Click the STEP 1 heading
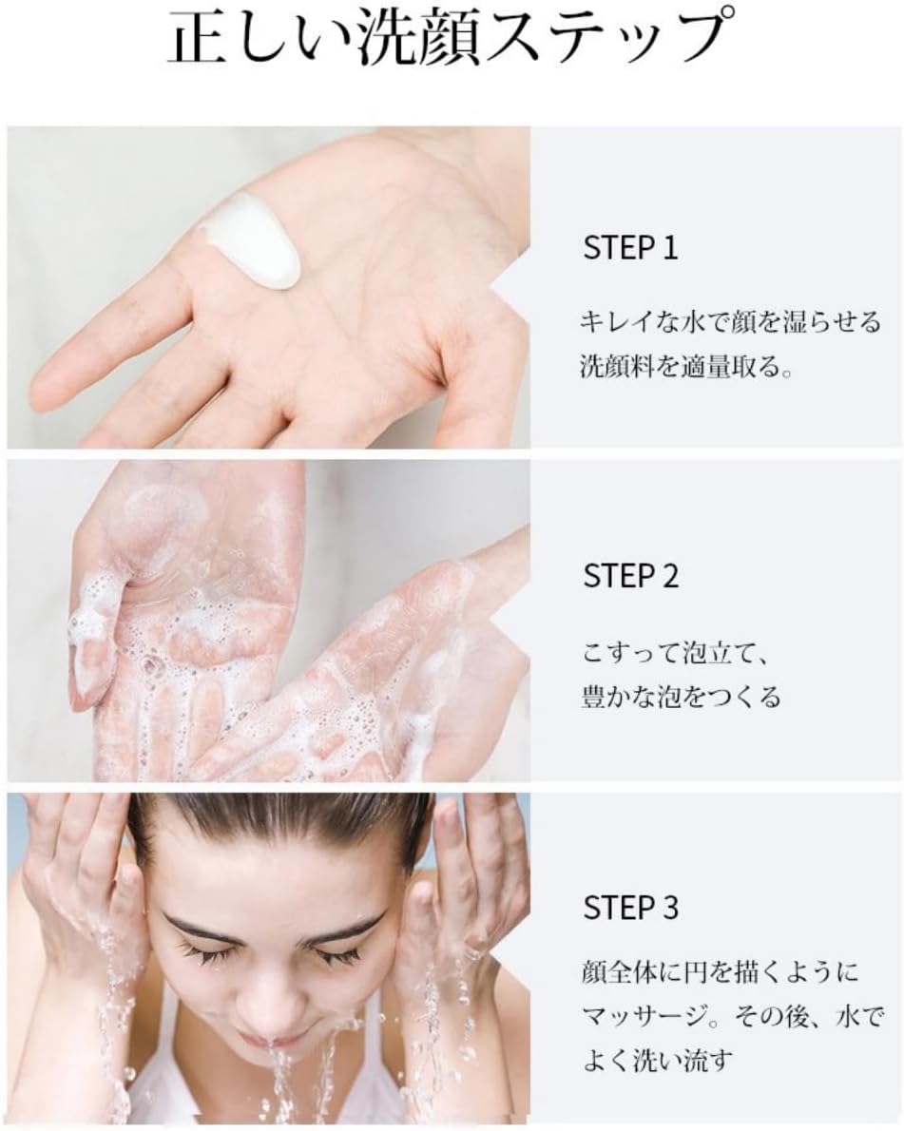pos(630,247)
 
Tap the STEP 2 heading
pos(630,576)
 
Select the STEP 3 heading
pos(630,908)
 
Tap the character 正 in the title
pos(199,37)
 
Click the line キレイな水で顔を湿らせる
pos(731,321)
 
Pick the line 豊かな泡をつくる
pos(681,698)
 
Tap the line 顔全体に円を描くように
pos(720,971)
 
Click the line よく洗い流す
pos(658,1060)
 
